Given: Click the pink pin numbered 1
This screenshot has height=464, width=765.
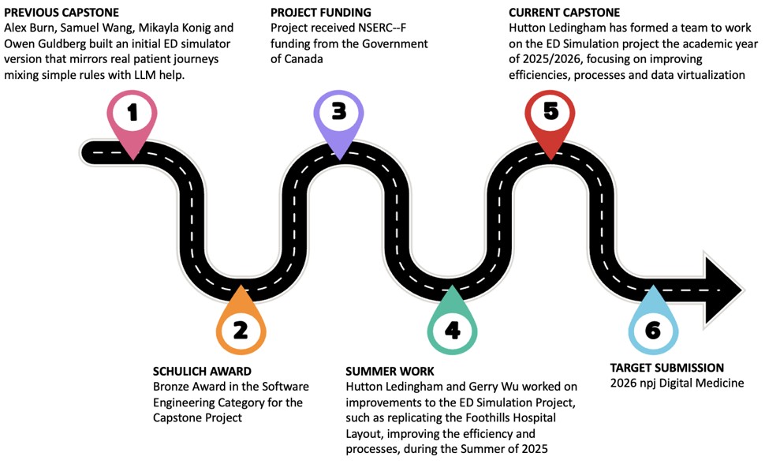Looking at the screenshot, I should point(132,114).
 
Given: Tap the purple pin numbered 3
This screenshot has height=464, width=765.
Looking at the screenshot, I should point(338,112).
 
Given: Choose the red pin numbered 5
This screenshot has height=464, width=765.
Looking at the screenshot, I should point(550,112).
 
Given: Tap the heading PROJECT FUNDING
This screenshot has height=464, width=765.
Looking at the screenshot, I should point(320,13).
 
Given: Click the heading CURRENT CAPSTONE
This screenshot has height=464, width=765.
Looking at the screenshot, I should point(565,13).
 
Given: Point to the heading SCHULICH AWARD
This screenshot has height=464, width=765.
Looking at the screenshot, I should point(202,371).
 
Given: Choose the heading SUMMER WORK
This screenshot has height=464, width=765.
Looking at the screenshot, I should point(390,371).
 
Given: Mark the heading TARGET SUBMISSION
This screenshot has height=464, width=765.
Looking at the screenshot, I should point(667,368).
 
